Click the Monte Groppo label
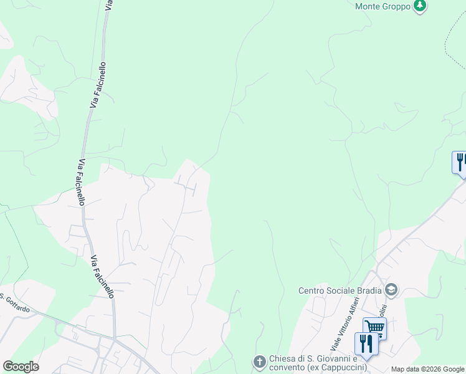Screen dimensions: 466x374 383,6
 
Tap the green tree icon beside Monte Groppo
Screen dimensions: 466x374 421,6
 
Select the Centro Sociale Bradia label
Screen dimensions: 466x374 340,290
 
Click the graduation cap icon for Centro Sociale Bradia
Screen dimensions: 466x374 391,290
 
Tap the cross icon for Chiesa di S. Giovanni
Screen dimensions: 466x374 260,362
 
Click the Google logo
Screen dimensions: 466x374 21,367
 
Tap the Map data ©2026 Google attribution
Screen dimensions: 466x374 428,369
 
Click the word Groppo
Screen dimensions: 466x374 397,6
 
